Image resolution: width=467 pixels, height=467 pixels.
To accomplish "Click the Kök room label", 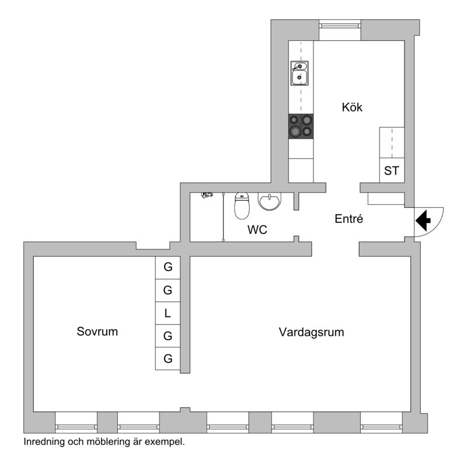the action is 352,107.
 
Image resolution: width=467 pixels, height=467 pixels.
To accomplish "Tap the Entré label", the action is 348,219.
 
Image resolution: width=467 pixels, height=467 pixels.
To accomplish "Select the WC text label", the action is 257,229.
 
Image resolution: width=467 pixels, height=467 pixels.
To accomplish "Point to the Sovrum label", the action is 97,332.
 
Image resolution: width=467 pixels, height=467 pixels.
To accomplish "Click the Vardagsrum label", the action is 312,332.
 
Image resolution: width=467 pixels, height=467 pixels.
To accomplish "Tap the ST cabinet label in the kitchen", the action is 391,170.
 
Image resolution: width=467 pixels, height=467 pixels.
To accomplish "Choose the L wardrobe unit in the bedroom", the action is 168,313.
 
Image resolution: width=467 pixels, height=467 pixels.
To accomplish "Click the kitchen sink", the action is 299,74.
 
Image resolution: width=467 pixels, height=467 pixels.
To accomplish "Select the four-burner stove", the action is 301,126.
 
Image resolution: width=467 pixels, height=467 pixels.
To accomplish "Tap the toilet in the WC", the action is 242,206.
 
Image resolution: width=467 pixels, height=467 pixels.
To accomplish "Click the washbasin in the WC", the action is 269,201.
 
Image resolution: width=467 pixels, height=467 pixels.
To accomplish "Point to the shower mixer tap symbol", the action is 207,195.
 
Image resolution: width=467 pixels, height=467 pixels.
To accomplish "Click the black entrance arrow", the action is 423,221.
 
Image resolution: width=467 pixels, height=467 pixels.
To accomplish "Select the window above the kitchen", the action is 340,25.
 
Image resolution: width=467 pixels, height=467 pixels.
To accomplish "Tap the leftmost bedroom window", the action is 76,427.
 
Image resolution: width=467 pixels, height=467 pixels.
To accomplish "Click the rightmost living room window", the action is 381,427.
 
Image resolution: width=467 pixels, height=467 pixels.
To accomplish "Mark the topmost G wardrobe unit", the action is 168,267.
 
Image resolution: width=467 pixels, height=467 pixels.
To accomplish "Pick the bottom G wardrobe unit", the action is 168,358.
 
